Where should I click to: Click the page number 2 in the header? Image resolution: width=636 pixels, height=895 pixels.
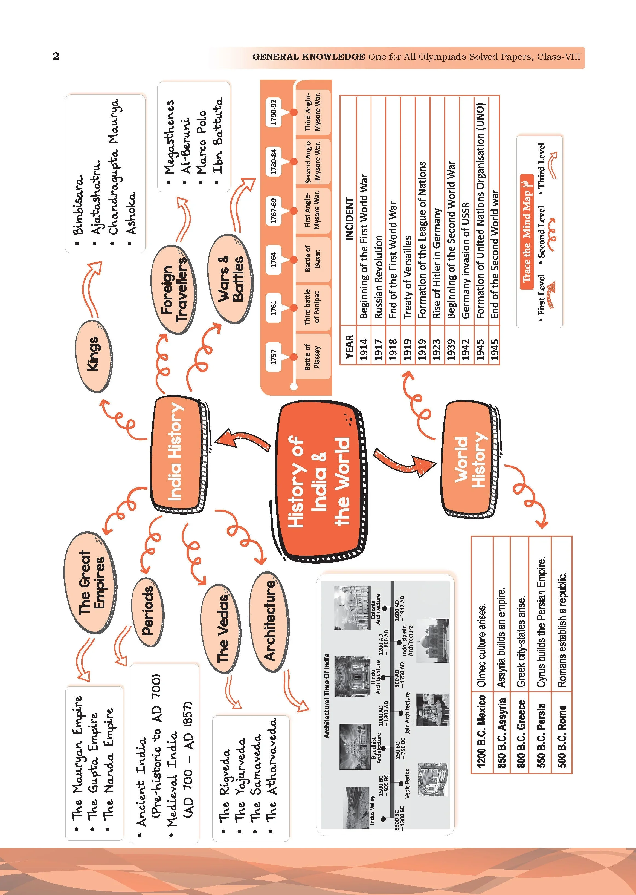(56, 56)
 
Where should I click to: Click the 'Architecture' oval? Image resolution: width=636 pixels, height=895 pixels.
(270, 623)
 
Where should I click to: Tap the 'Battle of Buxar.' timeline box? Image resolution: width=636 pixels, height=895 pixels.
(312, 259)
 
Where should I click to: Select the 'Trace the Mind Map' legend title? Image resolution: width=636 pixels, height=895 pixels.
(527, 232)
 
